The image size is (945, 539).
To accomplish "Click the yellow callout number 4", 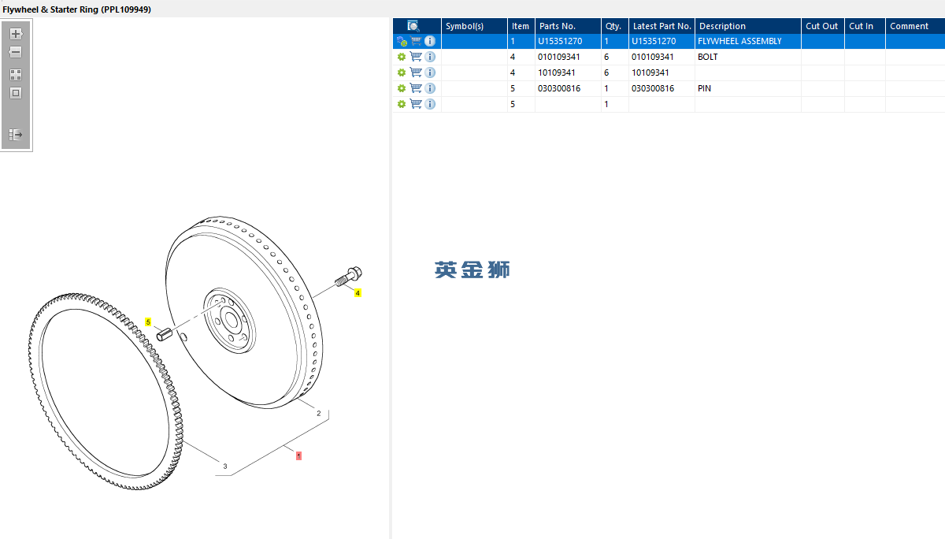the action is coord(358,293).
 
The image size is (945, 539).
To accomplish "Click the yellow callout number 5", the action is coord(148,322).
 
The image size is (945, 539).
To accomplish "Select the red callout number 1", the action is coord(298,455).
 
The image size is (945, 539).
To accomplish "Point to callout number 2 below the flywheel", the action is coord(318,413).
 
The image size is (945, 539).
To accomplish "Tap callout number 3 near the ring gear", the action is coord(225,466).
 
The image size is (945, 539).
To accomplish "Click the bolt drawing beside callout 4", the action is coord(349,276).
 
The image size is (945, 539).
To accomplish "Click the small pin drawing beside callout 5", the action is coord(164,334).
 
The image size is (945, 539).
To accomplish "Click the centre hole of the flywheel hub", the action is coord(232,319).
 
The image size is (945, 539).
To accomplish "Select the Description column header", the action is coord(722,26).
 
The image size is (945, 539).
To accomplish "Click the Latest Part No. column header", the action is coord(661,26).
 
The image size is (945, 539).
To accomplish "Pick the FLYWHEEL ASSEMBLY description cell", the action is coord(739,41).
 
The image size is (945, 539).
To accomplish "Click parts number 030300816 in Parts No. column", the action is coord(559,88).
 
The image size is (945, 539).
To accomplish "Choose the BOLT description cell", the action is coord(707,57).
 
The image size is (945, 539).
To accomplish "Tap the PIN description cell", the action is coord(704,88).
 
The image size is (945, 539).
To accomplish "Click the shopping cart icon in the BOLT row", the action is coord(416,57).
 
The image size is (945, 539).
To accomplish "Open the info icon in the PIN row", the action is coord(430,88).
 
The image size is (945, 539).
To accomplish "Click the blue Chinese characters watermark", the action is coord(472,269).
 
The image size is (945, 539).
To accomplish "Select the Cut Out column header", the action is coord(821,26).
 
